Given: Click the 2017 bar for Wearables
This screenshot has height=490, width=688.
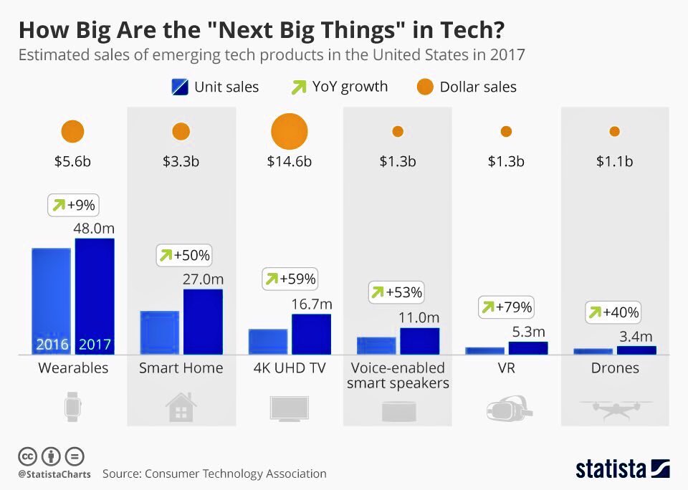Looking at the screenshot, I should click(x=95, y=296).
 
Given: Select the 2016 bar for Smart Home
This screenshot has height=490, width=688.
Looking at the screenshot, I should click(x=159, y=332).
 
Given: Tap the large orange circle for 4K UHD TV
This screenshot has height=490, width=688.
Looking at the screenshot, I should click(x=290, y=132).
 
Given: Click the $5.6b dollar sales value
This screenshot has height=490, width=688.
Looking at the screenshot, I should click(x=72, y=161).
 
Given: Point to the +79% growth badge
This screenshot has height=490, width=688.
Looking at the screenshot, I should click(x=506, y=307).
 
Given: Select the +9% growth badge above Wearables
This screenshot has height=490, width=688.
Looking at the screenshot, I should click(x=73, y=206).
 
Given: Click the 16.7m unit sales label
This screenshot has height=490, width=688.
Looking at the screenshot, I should click(x=312, y=304).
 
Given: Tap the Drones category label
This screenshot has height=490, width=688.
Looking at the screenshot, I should click(x=615, y=368).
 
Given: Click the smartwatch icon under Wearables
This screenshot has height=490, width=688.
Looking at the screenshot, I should click(x=72, y=407).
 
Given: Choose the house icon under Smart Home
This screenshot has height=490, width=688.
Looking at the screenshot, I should click(x=181, y=408).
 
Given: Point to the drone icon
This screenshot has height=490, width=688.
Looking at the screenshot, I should click(x=615, y=408).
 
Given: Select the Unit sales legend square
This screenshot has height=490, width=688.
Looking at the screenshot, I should click(x=179, y=87).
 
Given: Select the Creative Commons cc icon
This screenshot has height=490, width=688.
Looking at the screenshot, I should click(x=27, y=456).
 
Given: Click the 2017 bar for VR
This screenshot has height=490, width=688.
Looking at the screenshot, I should click(x=527, y=347).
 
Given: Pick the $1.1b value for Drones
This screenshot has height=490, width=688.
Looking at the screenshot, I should click(x=615, y=161).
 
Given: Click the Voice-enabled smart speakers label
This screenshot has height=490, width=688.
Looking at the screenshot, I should click(x=398, y=375).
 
